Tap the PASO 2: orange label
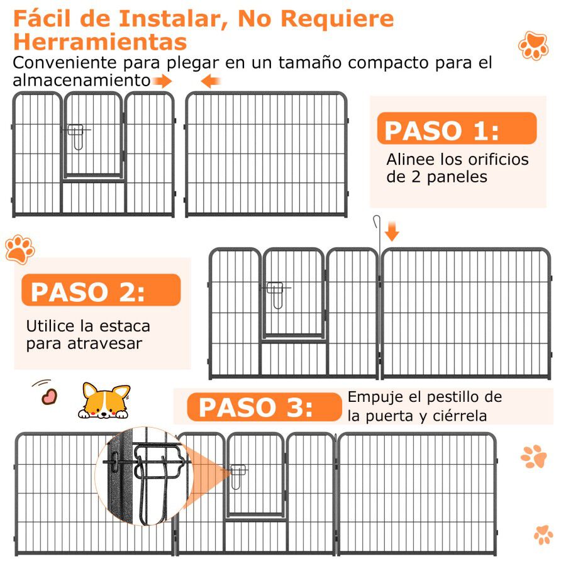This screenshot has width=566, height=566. [101, 291]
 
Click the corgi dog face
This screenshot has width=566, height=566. [105, 401]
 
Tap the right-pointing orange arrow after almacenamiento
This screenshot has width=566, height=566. [162, 80]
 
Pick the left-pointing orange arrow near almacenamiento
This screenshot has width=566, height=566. [211, 80]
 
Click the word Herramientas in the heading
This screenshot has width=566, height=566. [100, 42]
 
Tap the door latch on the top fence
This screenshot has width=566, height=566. [76, 134]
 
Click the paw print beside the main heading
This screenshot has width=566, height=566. [533, 45]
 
